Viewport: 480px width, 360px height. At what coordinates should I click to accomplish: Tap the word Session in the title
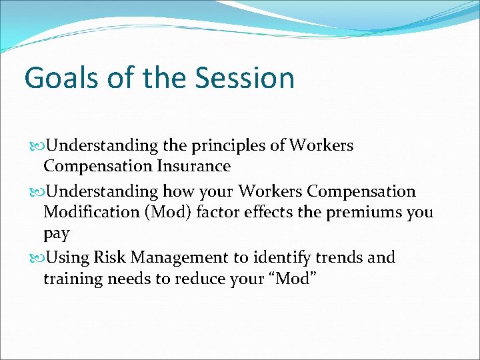coord(245,78)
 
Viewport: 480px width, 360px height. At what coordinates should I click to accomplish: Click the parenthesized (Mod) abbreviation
coord(175,213)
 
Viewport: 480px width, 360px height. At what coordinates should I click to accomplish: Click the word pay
coord(56,235)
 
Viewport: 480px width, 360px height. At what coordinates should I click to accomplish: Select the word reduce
coord(199,279)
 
